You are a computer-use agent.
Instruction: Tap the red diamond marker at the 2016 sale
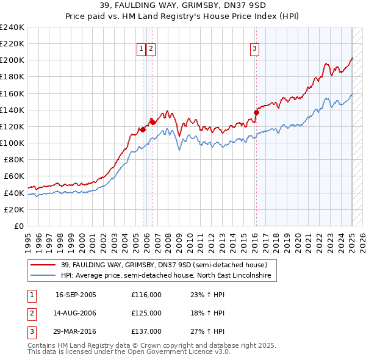tap(256, 112)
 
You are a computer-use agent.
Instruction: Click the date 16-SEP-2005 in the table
tap(76, 295)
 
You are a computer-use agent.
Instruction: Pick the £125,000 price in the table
tap(146, 313)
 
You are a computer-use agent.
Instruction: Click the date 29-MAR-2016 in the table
tap(76, 331)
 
